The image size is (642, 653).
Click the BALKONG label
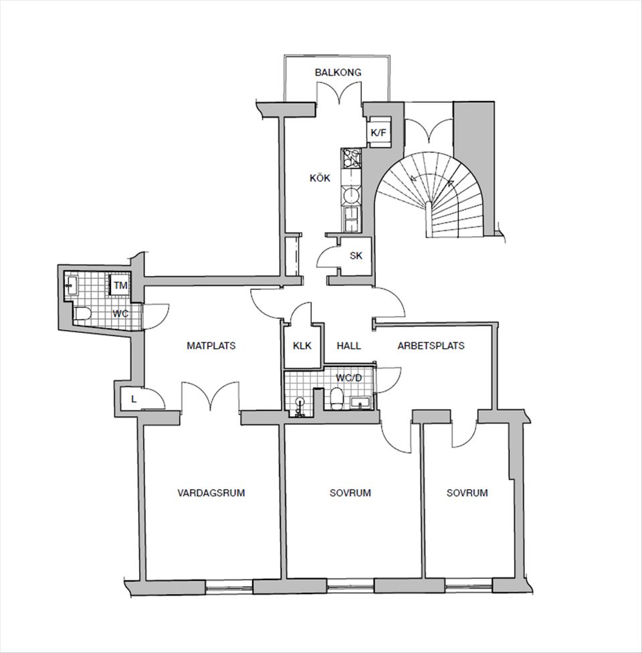[x=338, y=72]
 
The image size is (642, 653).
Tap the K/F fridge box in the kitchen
[x=379, y=132]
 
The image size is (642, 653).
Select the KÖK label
[x=320, y=178]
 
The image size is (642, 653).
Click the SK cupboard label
[x=356, y=255]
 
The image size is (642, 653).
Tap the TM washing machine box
[x=120, y=285]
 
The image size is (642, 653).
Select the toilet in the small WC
[x=83, y=313]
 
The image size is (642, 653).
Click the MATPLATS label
[x=211, y=346]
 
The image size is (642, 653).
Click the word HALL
[x=349, y=346]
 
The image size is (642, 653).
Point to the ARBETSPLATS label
[x=431, y=346]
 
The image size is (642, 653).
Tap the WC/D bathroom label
[x=348, y=378]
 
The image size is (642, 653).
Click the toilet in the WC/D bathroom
[x=336, y=400]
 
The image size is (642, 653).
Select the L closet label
[x=134, y=400]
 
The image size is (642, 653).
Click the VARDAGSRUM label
[x=211, y=493]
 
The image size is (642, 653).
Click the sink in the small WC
[x=70, y=285]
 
